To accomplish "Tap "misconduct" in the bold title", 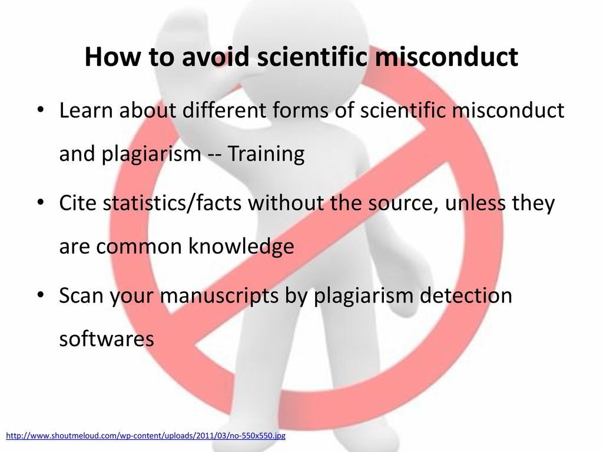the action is tap(446, 56).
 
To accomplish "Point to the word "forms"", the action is tap(300, 110).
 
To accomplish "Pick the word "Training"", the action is tap(266, 154).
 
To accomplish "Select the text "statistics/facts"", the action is tap(172, 202).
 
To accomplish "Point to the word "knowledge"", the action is tap(241, 246).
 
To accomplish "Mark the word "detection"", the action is tap(466, 295).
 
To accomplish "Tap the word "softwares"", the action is tap(107, 338).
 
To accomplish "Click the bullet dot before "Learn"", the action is tap(41, 110).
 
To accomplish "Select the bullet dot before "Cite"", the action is tap(41, 202).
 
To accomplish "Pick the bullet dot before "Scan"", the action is tap(41, 295).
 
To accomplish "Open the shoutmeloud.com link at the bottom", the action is tap(146, 436).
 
